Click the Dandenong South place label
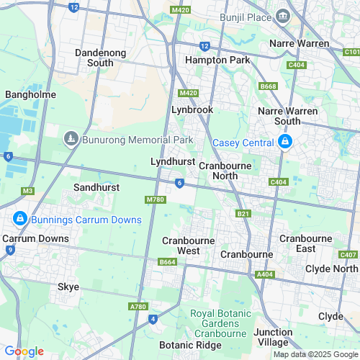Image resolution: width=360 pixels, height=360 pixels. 102,58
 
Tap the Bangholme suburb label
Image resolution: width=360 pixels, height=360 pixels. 26,94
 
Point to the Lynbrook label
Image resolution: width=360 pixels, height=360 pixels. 192,109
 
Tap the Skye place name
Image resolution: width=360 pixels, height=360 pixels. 68,287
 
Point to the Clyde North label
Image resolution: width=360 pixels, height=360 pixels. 331,269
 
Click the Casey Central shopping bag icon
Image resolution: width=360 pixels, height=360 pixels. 286,141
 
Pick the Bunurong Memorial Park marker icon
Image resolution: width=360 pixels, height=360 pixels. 71,138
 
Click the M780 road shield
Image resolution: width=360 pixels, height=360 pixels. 156,199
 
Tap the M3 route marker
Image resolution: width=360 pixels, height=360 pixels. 28,191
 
